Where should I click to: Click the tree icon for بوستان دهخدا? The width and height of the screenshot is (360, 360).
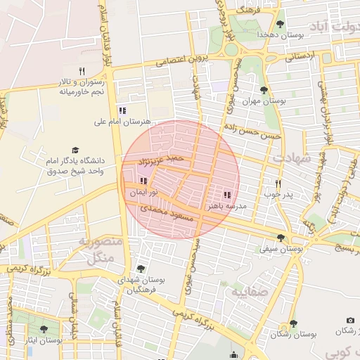coord(280,25)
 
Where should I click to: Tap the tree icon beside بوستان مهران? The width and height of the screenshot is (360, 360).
coord(264,90)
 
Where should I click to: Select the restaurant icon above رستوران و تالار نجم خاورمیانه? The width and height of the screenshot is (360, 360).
coord(82,72)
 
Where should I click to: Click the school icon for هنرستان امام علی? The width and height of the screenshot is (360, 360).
coord(122,110)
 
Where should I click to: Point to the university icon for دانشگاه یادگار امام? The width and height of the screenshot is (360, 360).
coord(75,150)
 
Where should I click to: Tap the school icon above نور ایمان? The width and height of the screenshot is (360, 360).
coord(144,181)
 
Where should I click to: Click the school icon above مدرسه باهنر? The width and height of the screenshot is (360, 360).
coord(226,195)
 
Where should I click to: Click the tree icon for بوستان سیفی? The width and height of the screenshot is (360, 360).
coord(281,238)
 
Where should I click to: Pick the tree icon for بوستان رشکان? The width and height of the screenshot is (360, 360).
coord(293,323)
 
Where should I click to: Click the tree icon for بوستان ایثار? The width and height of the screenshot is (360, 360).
coord(44,329)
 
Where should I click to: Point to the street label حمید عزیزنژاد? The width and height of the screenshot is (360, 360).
coord(162,161)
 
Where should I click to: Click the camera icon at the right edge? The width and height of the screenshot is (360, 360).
coord(351,321)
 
